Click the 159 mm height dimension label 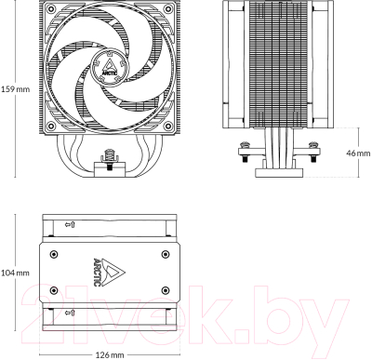tap(15, 91)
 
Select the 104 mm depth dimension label tap(15, 273)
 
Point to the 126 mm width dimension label tap(110, 353)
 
